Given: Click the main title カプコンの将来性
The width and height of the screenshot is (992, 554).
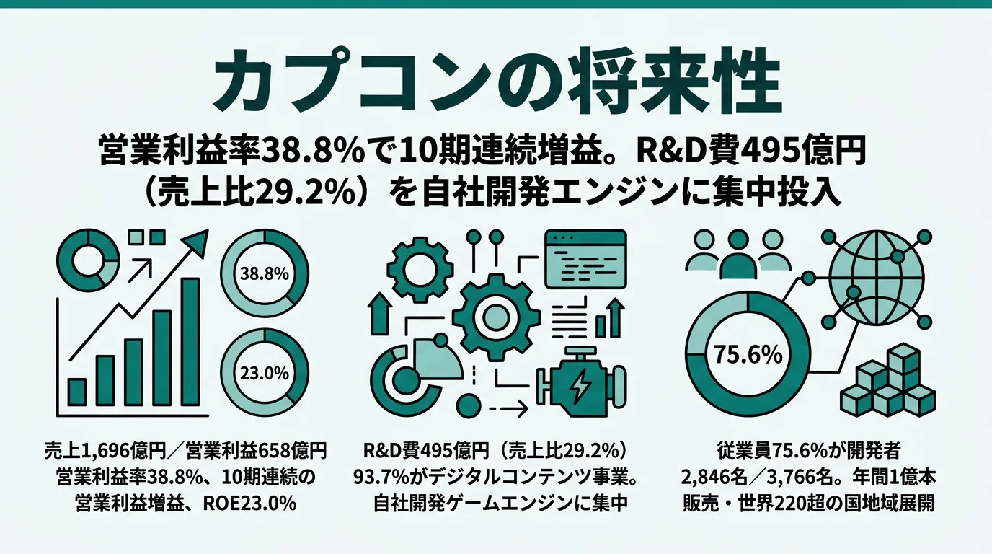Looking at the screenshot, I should [x=495, y=83].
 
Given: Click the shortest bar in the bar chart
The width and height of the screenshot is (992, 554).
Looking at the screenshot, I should [x=76, y=392].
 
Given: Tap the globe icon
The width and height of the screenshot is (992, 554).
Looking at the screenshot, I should [x=875, y=276].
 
